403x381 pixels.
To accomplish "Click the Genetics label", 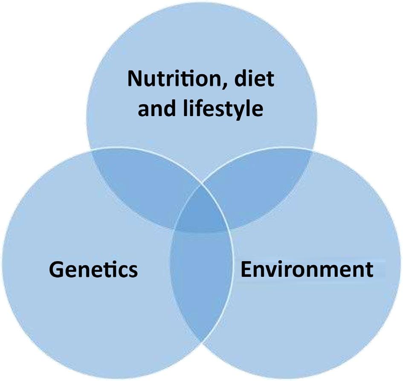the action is [x=93, y=270].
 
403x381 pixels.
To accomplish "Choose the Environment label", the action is [x=307, y=270].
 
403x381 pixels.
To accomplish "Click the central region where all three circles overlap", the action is [x=202, y=213].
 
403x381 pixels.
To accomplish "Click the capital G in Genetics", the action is [x=57, y=270].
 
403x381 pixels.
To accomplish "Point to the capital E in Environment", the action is [x=247, y=270].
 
